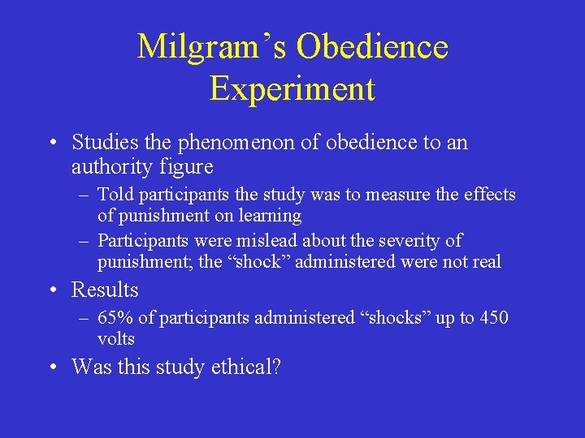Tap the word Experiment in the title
point(292,89)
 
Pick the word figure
point(187,168)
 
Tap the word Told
point(115,195)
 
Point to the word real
point(485,262)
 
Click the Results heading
point(105,290)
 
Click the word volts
point(115,339)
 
